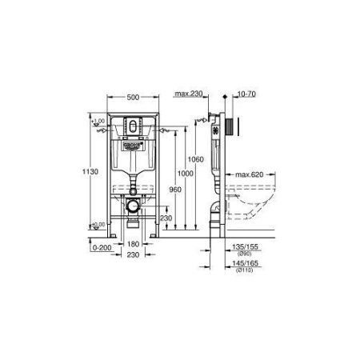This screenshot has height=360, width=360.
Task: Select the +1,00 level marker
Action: coord(98,121)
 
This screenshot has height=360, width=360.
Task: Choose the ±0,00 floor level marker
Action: coord(98,225)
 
